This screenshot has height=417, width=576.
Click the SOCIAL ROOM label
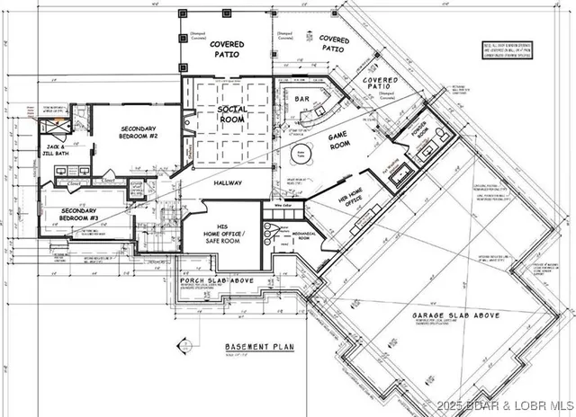pyautogui.click(x=232, y=114)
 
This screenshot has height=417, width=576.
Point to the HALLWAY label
pyautogui.click(x=228, y=182)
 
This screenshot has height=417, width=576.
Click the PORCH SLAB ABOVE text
pyautogui.click(x=217, y=281)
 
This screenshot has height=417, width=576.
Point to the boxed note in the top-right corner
pyautogui.click(x=530, y=49)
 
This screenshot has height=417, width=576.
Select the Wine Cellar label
pyautogui.click(x=282, y=205)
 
